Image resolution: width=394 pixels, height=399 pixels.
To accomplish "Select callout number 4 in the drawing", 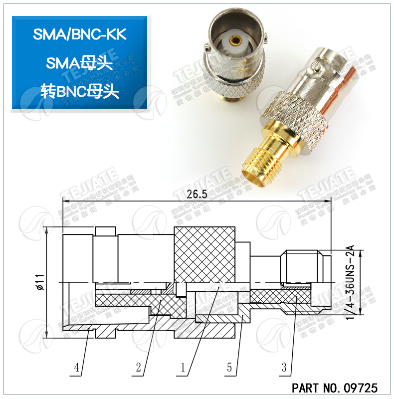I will click(x=77, y=368).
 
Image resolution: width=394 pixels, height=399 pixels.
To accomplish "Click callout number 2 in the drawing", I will click(x=139, y=368).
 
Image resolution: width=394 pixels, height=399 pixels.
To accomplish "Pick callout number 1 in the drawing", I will click(x=183, y=368).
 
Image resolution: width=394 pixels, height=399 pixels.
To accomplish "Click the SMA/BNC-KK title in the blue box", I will click(x=80, y=34).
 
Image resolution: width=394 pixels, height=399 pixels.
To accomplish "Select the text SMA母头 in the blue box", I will click(x=80, y=63).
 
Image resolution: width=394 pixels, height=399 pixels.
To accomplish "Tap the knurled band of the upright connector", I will click(x=231, y=85).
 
